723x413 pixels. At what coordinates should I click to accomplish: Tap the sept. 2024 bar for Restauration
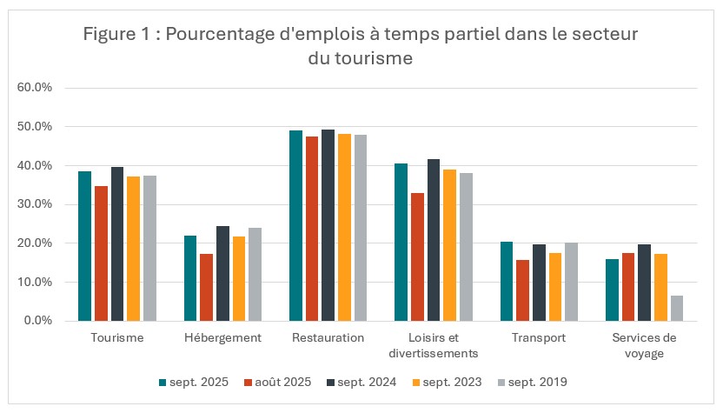pos(328,225)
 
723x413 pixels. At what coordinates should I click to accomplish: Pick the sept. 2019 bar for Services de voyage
pos(676,308)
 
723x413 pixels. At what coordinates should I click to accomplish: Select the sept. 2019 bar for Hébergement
pos(255,274)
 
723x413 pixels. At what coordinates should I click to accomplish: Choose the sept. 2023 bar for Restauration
pos(344,227)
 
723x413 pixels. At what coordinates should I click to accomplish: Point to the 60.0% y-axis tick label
pos(36,88)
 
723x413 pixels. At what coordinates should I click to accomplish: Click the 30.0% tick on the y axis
pos(36,204)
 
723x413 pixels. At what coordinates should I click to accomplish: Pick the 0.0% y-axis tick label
pos(38,321)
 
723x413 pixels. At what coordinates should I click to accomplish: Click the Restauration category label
pos(328,338)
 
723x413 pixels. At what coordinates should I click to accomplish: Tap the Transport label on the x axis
pos(538,338)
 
